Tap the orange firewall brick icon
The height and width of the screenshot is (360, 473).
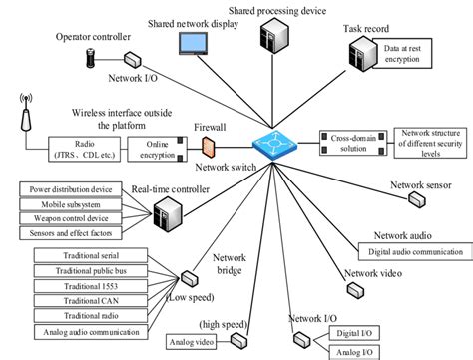tap(207, 144)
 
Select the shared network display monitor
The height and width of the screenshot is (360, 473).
tap(192, 44)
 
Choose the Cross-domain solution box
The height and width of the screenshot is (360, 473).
tap(352, 141)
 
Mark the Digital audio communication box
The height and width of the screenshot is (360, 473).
tap(414, 251)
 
